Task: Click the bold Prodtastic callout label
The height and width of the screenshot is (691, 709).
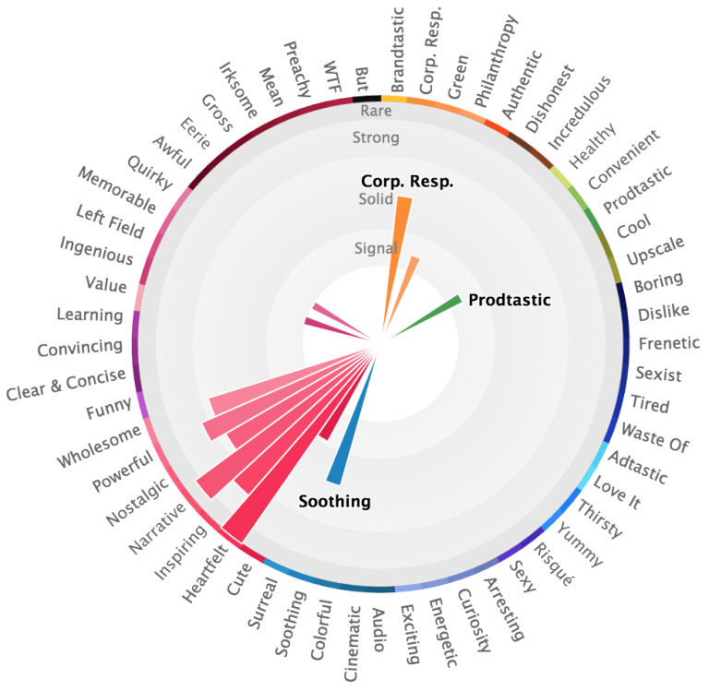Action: click(x=509, y=300)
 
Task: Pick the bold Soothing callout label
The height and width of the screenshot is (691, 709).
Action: click(x=334, y=502)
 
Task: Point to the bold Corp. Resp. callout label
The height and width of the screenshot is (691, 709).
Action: click(x=407, y=181)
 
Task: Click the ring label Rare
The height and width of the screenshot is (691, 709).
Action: click(x=377, y=111)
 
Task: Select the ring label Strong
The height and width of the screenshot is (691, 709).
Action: click(x=376, y=138)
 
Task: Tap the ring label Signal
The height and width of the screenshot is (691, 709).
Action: click(x=376, y=248)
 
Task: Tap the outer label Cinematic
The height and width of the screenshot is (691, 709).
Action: click(x=353, y=644)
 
